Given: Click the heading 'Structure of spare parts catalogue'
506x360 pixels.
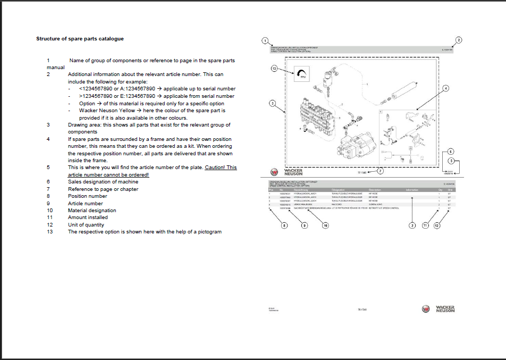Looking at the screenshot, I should tap(80, 39).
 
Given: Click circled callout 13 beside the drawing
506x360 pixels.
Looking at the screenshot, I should tap(274, 69).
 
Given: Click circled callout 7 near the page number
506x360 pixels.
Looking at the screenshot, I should tap(380, 171).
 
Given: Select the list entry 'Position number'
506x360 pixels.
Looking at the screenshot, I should tap(87, 196).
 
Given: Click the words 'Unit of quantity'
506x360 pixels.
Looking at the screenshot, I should tap(86, 225).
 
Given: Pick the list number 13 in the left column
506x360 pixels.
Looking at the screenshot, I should tap(50, 232).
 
